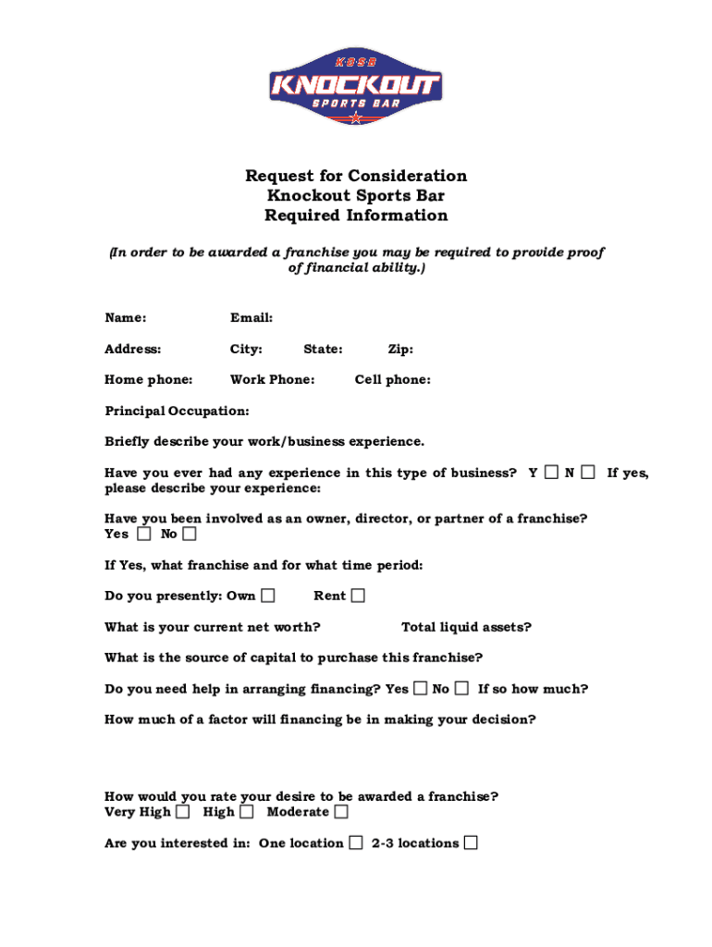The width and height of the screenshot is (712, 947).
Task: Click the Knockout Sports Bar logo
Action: (355, 86)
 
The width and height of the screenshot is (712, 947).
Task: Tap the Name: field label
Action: (126, 318)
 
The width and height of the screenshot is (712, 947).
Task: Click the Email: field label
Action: (252, 318)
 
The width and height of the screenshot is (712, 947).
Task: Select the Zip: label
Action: (400, 350)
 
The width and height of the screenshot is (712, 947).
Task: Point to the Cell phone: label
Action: (392, 380)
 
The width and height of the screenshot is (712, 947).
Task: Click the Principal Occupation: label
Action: (177, 411)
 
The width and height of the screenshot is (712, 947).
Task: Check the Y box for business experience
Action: (551, 473)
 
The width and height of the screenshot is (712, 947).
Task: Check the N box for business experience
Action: (588, 473)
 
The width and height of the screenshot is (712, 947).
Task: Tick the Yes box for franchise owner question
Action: (143, 535)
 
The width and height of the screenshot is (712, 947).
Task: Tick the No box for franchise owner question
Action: (190, 535)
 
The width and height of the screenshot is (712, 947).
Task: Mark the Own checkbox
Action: (268, 596)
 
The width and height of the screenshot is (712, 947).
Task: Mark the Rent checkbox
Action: (358, 596)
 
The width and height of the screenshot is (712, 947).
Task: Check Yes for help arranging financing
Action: (421, 688)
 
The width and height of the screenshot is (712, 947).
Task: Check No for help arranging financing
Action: (460, 688)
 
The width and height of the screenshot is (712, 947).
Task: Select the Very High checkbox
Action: (183, 812)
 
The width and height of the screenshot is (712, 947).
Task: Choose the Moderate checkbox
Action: (341, 812)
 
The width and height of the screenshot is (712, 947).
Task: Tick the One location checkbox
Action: (356, 842)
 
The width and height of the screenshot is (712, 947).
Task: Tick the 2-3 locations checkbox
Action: (472, 842)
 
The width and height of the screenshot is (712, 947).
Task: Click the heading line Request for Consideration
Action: (356, 176)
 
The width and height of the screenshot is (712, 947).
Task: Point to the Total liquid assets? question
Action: (466, 627)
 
